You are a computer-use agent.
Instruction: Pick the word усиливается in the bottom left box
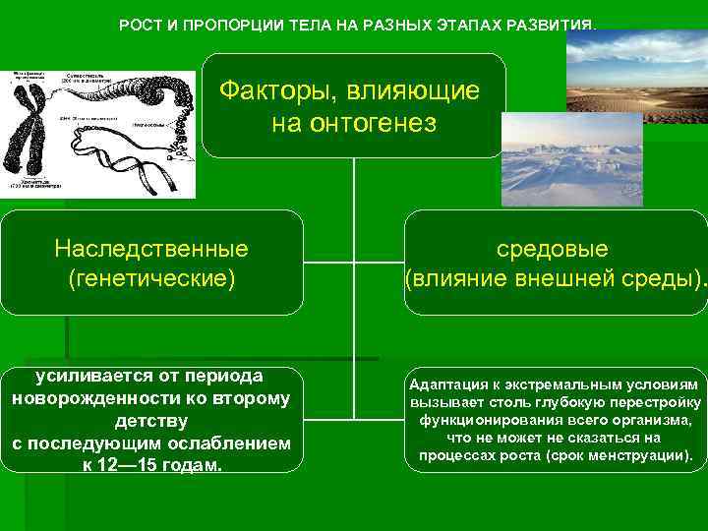pos(94,376)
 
